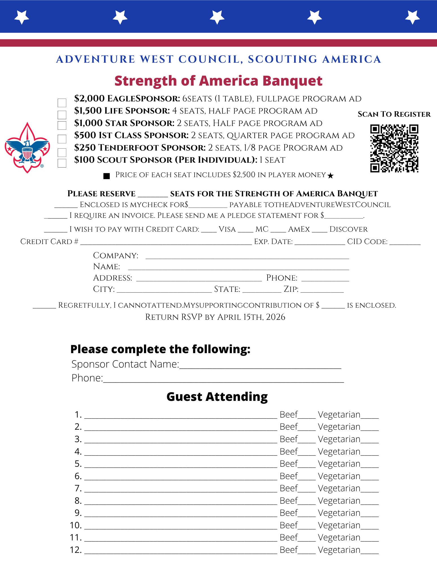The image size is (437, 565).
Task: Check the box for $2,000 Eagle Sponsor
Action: point(62,103)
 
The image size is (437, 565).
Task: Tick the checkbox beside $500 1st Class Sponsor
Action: point(62,139)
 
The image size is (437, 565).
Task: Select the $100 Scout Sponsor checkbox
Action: point(62,163)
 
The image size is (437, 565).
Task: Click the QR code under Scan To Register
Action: point(394,148)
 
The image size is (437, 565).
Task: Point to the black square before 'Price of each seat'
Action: point(107,176)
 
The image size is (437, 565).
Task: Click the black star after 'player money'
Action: point(330,176)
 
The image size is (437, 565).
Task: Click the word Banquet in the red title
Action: point(292,81)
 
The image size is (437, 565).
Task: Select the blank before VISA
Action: point(209,231)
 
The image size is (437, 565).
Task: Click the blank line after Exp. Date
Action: point(320,244)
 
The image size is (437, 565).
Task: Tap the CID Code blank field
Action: point(405,244)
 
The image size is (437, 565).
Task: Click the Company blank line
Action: point(247,257)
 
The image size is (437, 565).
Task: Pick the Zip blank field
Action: point(322,291)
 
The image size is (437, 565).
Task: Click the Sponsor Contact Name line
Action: point(260,367)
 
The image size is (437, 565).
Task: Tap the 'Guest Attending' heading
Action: point(217,397)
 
